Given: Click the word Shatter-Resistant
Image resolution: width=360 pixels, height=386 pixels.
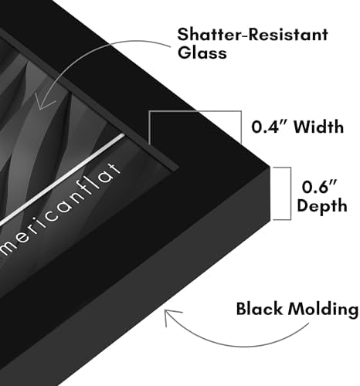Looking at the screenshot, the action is click(x=253, y=35).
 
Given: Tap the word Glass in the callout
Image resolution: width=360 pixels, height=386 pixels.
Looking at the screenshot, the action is click(x=202, y=52).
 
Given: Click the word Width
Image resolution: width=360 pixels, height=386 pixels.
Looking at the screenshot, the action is click(x=319, y=127).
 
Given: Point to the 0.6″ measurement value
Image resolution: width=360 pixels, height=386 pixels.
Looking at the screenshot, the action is click(x=320, y=187).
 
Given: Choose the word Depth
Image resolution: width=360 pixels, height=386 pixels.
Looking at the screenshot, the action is click(x=322, y=205).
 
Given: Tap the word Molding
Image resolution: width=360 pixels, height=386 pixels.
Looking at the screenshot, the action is click(x=323, y=310).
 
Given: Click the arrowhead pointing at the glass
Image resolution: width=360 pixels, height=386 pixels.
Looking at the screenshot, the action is click(x=44, y=103).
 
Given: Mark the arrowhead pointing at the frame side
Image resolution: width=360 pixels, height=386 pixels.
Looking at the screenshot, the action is click(x=172, y=316).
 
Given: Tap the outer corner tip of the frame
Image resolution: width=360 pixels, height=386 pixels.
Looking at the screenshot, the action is click(x=270, y=168).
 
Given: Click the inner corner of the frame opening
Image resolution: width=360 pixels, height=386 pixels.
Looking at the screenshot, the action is click(x=178, y=168).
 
